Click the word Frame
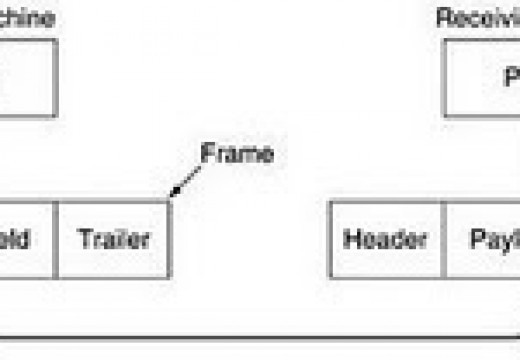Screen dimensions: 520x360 [x=237, y=155]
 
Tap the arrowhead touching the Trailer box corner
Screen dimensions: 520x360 [x=173, y=194]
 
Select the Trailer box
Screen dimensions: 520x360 [x=113, y=239]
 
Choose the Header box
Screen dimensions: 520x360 [x=386, y=239]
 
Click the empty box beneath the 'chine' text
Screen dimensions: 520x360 [x=28, y=77]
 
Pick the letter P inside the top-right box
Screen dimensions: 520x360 [x=510, y=78]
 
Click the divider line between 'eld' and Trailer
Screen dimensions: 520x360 [x=57, y=239]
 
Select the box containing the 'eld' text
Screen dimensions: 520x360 [x=27, y=239]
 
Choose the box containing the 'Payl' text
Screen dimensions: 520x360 [x=483, y=239]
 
